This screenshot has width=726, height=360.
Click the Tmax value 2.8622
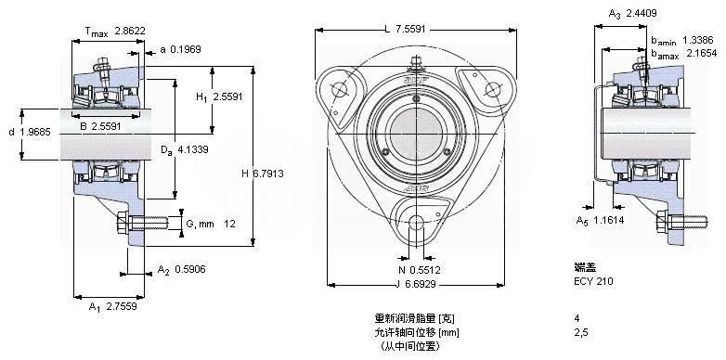130,32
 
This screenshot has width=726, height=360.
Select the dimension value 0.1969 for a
186,49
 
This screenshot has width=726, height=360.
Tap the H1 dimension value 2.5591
227,96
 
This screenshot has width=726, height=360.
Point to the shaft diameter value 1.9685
35,133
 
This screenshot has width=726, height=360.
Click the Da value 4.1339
192,149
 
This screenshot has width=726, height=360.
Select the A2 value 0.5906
189,270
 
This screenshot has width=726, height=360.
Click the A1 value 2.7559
122,306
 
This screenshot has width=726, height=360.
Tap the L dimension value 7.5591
411,30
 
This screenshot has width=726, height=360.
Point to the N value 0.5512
425,270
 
